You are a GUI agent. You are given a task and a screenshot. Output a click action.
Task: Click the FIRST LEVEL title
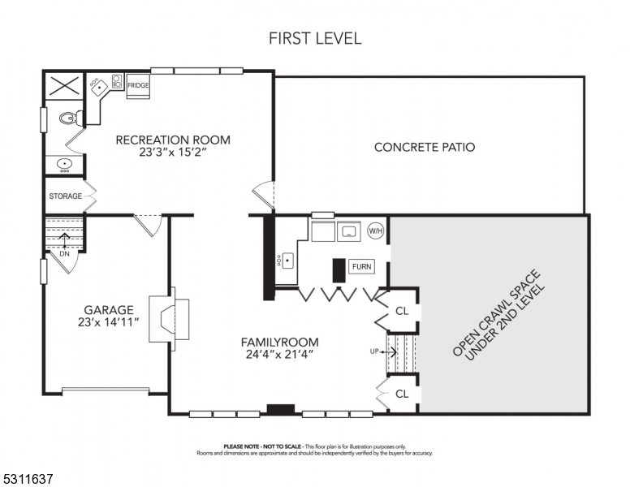point(315,38)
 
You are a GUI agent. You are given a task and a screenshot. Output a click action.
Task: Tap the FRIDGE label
point(138,85)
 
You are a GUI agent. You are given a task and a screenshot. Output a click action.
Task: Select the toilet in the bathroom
point(71,118)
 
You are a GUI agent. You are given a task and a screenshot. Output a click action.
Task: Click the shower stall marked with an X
point(64,85)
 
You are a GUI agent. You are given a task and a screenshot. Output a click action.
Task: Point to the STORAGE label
point(66,196)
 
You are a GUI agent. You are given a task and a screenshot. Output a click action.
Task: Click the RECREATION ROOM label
point(173,140)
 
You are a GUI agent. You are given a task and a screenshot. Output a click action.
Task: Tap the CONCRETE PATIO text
point(425,147)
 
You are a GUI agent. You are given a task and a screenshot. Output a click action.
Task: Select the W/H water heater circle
point(376,231)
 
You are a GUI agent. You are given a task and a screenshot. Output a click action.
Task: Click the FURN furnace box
point(361,266)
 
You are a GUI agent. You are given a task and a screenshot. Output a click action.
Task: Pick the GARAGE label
point(109,310)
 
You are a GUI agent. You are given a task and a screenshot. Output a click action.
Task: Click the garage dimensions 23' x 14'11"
point(109,322)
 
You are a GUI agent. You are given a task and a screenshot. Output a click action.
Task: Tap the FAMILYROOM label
point(279,343)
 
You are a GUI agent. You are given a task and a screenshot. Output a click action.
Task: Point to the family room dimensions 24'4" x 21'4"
point(279,355)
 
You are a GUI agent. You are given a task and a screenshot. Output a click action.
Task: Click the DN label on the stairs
point(64,254)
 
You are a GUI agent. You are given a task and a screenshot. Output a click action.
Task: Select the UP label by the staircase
point(374,351)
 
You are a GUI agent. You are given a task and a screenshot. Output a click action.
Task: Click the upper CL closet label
point(402,311)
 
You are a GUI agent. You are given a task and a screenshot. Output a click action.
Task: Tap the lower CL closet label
point(402,394)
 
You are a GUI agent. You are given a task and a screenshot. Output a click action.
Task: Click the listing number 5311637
point(28,479)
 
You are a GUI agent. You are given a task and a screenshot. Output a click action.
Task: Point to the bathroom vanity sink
point(64,165)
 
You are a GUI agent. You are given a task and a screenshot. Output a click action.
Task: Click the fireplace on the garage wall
point(169,319)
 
